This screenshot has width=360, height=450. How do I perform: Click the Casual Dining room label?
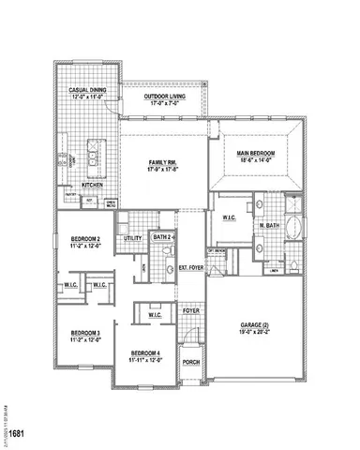coord(85,90)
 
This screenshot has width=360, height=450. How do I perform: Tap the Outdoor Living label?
coord(163,97)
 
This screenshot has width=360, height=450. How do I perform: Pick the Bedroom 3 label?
coord(85,333)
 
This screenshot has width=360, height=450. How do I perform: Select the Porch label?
coord(190,362)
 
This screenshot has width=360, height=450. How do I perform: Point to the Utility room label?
coord(132,239)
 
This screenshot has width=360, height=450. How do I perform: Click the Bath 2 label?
coord(161,238)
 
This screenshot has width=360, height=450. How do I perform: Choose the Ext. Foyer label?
coord(191,268)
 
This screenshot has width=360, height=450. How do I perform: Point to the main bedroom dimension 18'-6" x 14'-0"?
coord(255,159)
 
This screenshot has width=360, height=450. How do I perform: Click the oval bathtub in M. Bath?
coord(294,228)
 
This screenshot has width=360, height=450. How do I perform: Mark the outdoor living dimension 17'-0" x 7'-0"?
coord(163,103)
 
